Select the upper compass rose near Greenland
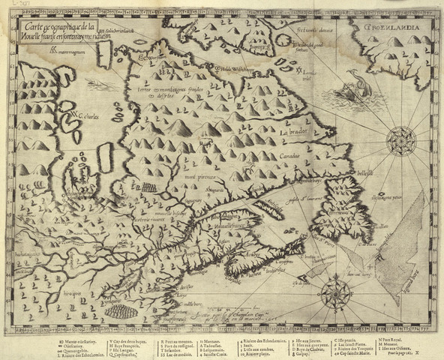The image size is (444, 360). [x=402, y=139]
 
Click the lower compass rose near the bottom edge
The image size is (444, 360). [x=335, y=294]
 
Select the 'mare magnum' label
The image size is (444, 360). [x=71, y=52]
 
